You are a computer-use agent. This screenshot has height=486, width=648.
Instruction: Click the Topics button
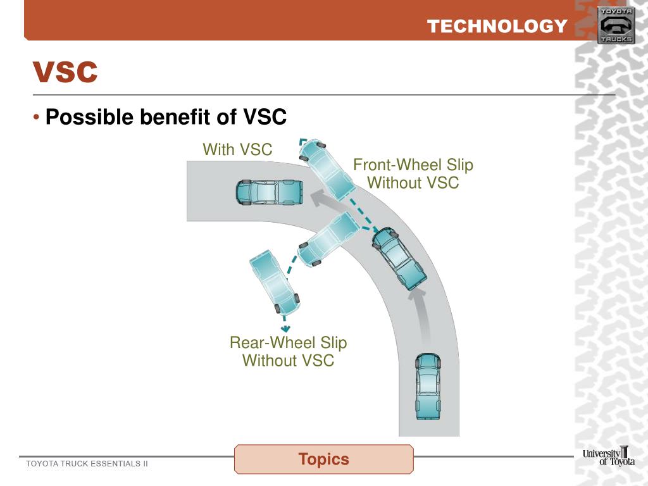coord(323,459)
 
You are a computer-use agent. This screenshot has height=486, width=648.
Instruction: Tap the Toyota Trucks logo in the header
coord(616,25)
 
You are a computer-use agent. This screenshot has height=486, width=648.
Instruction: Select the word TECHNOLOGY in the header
coord(497,26)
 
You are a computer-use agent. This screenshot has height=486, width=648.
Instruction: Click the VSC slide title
coord(65,72)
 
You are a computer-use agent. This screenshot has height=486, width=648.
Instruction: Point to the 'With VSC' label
coord(237,150)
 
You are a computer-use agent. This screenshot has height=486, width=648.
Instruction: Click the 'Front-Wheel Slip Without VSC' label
coord(413,174)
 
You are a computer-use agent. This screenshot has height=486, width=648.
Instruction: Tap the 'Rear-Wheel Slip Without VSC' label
coord(288,352)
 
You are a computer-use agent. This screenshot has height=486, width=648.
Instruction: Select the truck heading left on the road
coord(268,192)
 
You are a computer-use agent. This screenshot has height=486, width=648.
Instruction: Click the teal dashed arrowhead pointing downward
coord(286,328)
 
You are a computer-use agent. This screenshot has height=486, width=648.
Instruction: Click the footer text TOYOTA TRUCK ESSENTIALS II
coord(87,464)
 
